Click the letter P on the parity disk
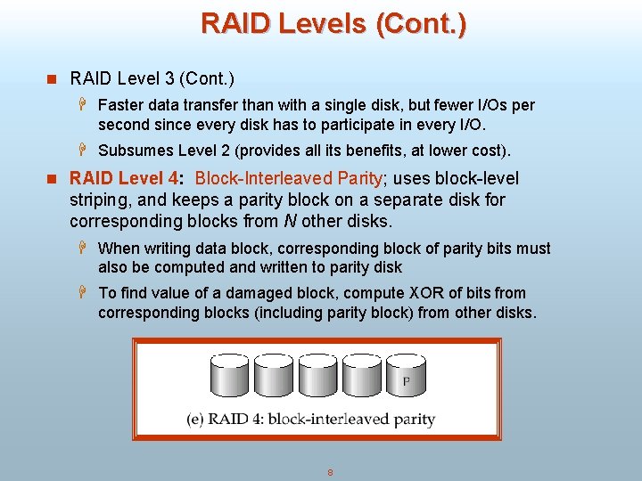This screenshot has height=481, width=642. pyautogui.click(x=407, y=381)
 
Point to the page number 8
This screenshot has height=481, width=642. pyautogui.click(x=330, y=472)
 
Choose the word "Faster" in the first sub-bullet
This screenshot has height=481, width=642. pyautogui.click(x=120, y=105)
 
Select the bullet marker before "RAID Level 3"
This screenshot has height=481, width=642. pyautogui.click(x=52, y=79)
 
